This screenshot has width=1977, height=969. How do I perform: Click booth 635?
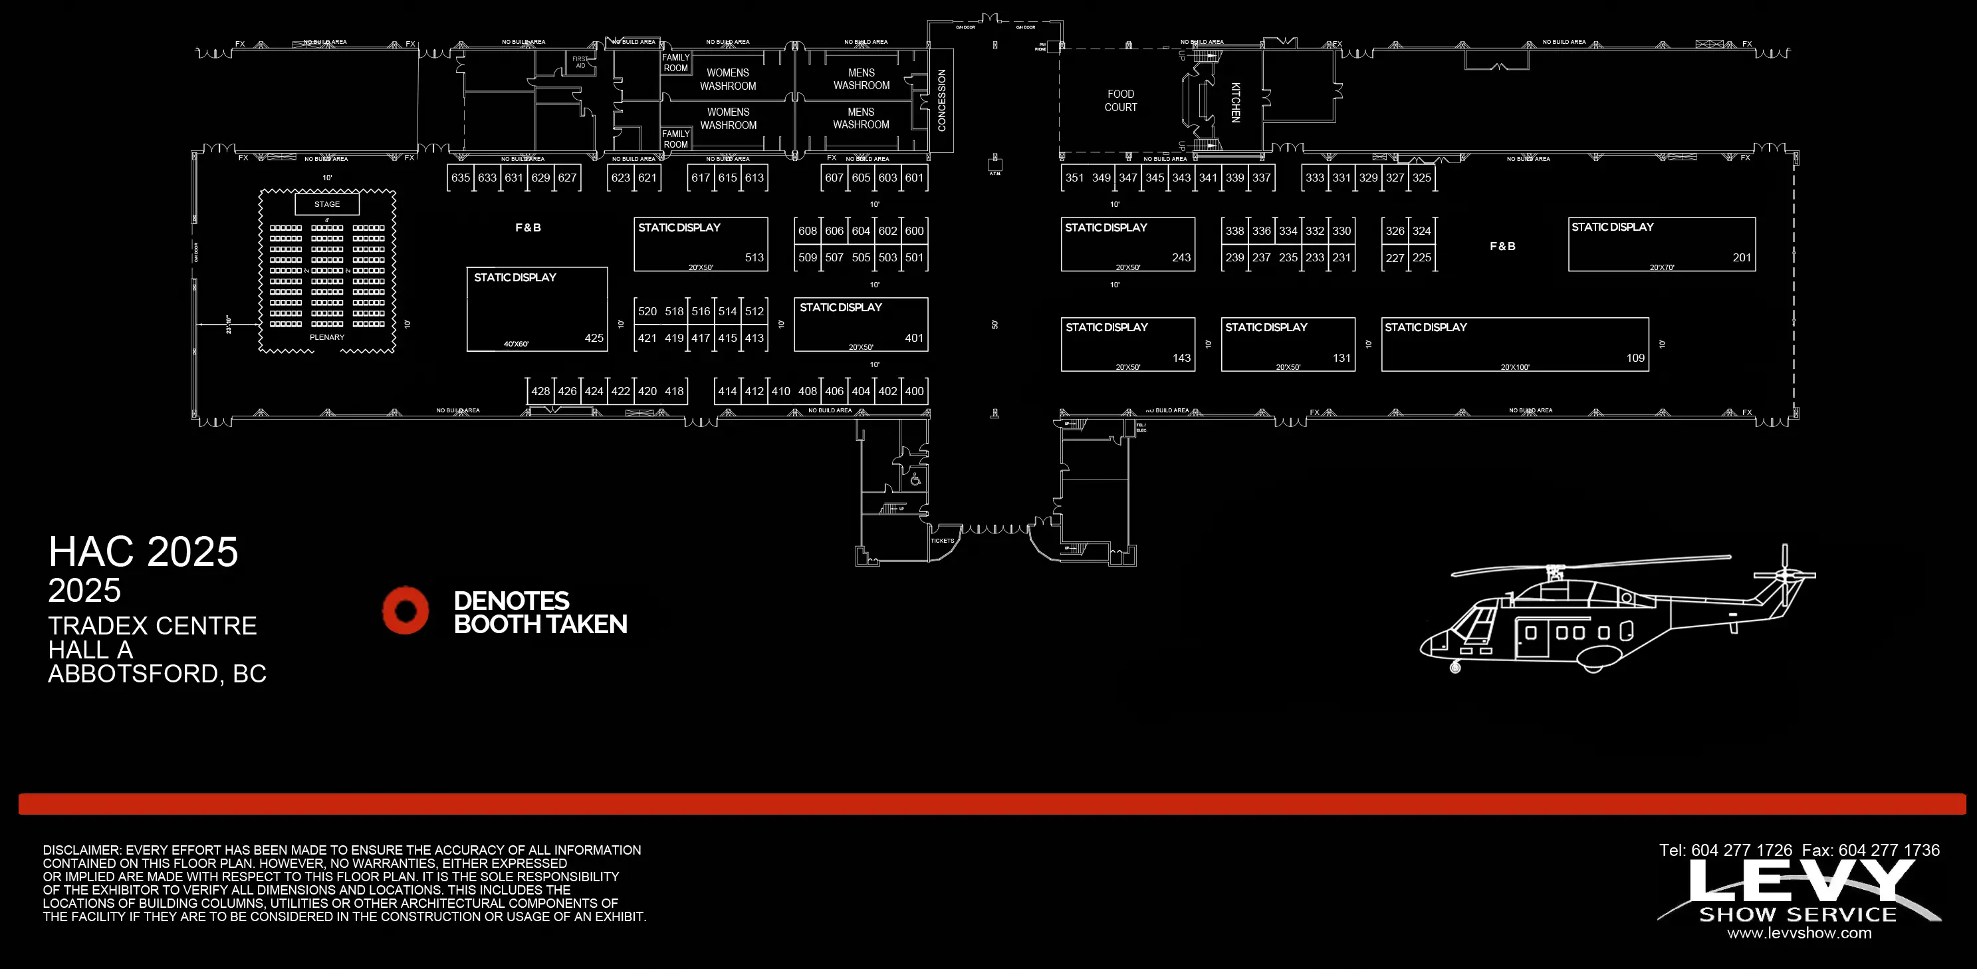[x=461, y=178]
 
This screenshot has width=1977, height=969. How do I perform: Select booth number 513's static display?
[x=701, y=244]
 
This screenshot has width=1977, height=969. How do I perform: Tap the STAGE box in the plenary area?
[x=327, y=204]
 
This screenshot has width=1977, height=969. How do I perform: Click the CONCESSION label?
[x=942, y=100]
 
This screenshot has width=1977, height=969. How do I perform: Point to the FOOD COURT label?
[x=1121, y=100]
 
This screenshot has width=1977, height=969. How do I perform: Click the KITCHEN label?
[x=1235, y=102]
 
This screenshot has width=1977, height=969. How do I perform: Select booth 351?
[x=1074, y=178]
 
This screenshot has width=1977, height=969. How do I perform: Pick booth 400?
[x=914, y=391]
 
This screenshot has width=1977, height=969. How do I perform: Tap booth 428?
[x=540, y=391]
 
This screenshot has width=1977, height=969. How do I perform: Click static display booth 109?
[x=1515, y=344]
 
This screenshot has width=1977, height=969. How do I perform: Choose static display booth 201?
[x=1661, y=244]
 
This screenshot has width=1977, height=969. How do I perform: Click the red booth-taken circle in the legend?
[x=406, y=611]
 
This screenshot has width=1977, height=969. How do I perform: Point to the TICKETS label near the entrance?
[x=943, y=541]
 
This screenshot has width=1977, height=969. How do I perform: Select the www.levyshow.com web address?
[x=1799, y=933]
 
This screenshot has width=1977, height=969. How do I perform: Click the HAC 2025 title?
[x=144, y=551]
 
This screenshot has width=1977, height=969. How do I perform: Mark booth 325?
[x=1421, y=178]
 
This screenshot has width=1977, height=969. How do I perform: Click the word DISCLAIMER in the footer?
[x=81, y=850]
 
